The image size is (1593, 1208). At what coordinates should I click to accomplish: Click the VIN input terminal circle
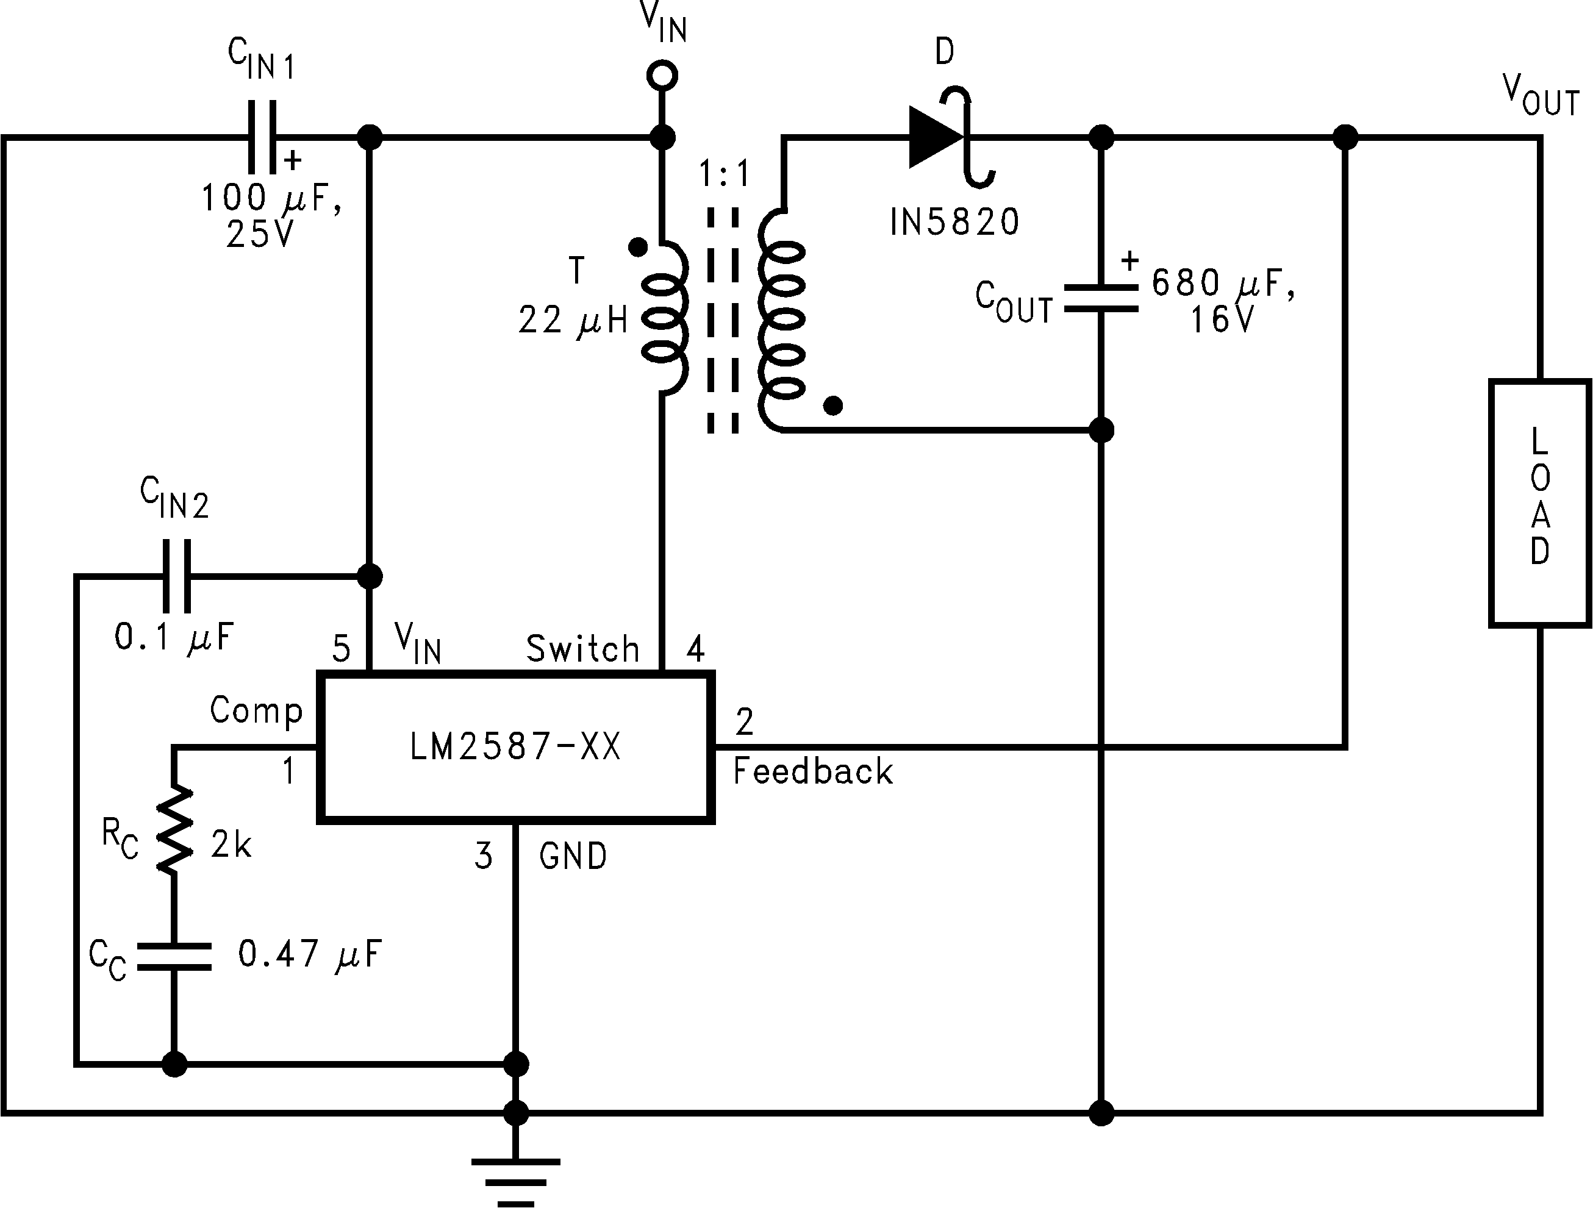[x=662, y=75]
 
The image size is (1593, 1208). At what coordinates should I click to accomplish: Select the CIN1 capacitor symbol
[x=262, y=137]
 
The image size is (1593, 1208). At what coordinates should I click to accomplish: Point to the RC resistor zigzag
[x=174, y=829]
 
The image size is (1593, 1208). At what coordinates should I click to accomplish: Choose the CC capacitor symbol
[x=174, y=956]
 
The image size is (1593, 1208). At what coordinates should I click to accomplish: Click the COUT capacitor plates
[x=1100, y=298]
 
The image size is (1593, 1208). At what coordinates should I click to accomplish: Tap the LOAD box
[x=1540, y=503]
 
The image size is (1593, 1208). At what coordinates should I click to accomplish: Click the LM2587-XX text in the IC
[x=515, y=746]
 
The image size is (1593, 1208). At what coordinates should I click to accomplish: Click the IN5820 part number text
[x=954, y=222]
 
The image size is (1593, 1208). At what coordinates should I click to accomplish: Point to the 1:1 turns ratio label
[x=725, y=174]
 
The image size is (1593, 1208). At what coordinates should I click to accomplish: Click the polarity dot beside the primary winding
[x=637, y=248]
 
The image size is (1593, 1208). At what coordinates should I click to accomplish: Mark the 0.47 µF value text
[x=309, y=954]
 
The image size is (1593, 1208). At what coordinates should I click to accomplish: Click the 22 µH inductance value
[x=573, y=320]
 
